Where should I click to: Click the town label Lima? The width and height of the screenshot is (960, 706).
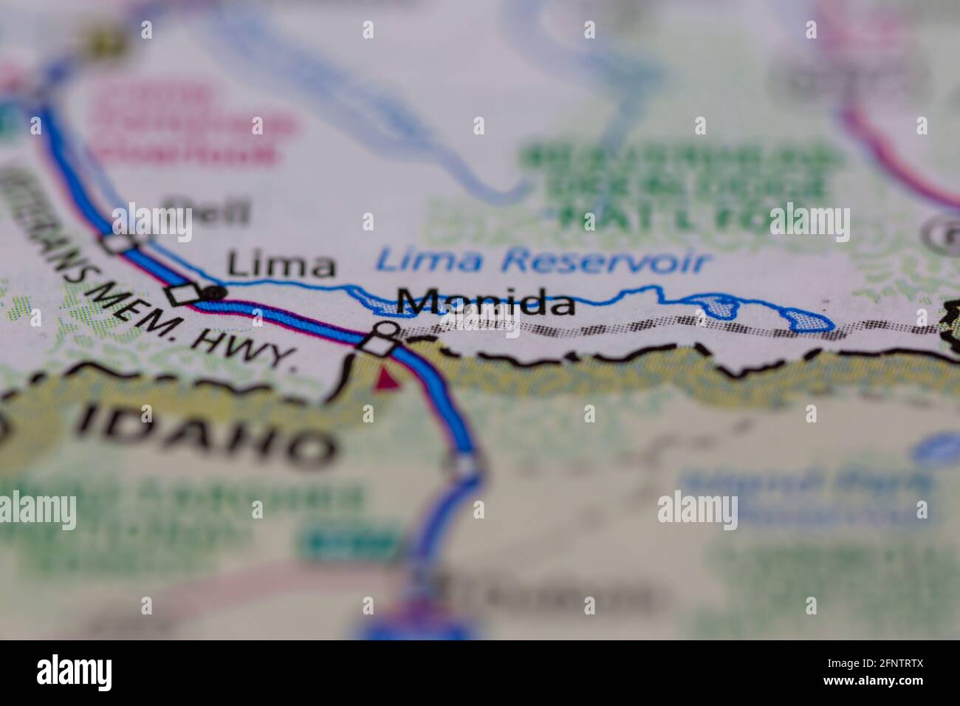tap(280, 264)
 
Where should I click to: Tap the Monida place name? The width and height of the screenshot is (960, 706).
tap(485, 303)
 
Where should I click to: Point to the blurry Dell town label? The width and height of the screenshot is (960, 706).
tap(207, 213)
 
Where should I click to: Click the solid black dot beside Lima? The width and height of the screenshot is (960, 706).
tap(215, 293)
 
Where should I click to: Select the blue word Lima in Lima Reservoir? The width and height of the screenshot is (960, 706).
tap(419, 259)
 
